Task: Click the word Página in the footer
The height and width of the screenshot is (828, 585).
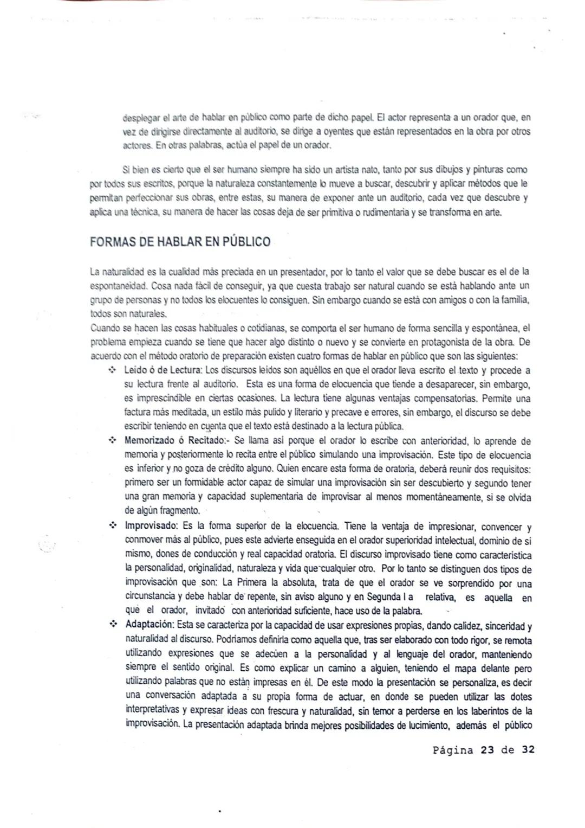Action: coord(453,750)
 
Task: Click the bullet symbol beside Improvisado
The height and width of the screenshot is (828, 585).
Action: coord(113,526)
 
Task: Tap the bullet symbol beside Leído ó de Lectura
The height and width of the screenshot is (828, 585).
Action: coord(113,370)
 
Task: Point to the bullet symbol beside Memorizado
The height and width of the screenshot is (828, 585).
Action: coord(113,440)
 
